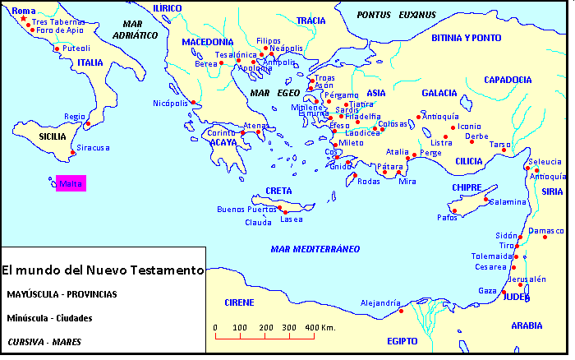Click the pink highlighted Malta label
(70, 184)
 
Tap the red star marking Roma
(23, 18)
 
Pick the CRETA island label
(278, 191)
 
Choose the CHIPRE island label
(466, 187)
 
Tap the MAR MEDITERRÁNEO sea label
(315, 248)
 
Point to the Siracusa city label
(93, 148)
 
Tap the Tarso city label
(499, 144)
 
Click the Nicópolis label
(171, 103)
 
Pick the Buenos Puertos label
(246, 210)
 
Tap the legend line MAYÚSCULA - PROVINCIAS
(62, 293)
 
